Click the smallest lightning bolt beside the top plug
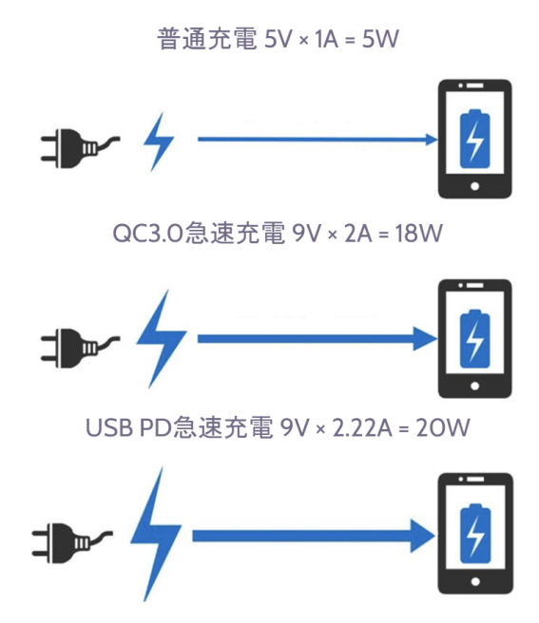pos(159,142)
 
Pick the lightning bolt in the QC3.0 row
pos(161,339)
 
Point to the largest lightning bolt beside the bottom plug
pos(156,535)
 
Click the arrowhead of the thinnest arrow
pos(432,140)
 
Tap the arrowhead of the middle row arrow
pos(425,339)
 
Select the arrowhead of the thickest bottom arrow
pos(422,536)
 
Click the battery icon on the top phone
pos(474,139)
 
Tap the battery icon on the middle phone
pos(474,338)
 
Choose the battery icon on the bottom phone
pos(475,534)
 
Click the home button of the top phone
pos(474,186)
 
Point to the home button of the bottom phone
pos(475,582)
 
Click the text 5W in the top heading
pos(380,39)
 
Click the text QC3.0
pos(148,233)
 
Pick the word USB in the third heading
pos(109,428)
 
